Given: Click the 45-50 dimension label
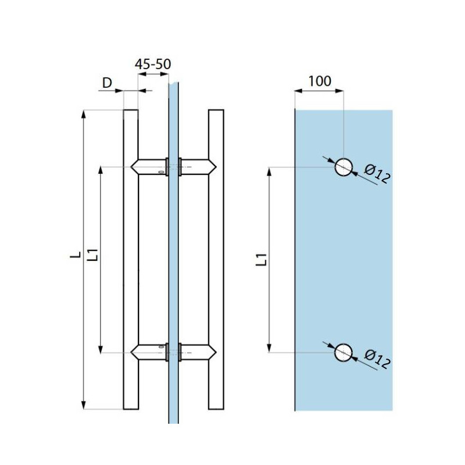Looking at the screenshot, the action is (153, 64).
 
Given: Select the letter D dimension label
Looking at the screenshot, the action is (107, 83).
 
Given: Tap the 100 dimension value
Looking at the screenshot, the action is (320, 81).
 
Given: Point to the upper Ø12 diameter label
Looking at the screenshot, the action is (377, 174).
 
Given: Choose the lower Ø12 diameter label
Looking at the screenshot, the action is (377, 359).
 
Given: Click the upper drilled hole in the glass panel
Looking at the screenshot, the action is (344, 167).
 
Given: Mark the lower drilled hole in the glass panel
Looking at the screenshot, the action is (344, 353).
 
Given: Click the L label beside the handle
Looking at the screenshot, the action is (76, 255).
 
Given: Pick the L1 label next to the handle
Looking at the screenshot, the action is (93, 255).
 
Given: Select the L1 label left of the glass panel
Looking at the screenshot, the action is (262, 259).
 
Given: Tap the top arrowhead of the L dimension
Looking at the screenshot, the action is (84, 114).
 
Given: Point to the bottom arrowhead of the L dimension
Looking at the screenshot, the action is (84, 405).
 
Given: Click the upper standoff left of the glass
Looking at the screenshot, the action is (149, 167).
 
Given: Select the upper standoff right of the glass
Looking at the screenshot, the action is (198, 167).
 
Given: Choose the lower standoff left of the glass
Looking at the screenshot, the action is (149, 353).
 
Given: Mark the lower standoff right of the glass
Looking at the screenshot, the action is (198, 353).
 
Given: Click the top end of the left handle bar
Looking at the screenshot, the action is (131, 110).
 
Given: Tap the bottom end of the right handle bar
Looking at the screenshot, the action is (216, 409).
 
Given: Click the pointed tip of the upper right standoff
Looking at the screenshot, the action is (216, 167).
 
